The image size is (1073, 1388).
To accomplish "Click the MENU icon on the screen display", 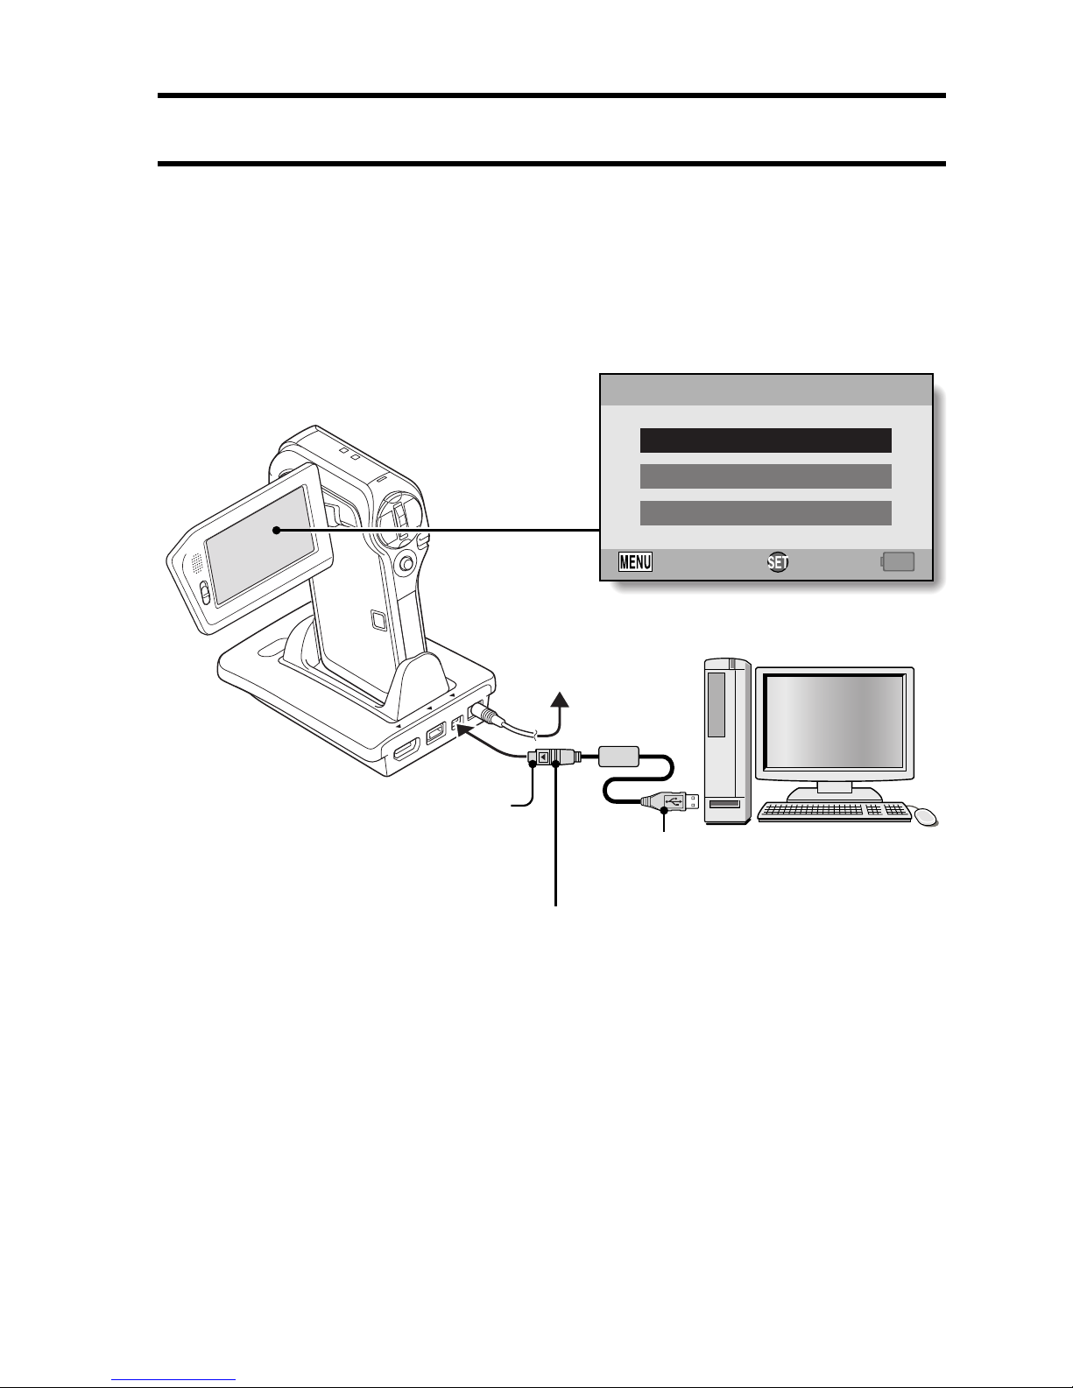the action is pos(635,561).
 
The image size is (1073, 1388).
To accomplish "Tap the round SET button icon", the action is pos(777,562).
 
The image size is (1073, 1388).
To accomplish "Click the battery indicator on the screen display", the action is pos(899,561).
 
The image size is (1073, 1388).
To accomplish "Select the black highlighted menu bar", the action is pos(766,440).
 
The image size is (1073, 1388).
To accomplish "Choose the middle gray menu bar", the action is pos(766,476).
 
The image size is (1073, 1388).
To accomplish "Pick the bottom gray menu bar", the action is pos(766,513).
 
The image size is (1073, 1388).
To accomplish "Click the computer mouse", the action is pos(925,817).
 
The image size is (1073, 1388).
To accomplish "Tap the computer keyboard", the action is pos(834,812).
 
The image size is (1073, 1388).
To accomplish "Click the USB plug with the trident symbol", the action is pos(671,800).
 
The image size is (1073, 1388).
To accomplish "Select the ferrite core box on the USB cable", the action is pos(621,756).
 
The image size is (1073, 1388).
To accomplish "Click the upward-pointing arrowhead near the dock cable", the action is pos(558,700).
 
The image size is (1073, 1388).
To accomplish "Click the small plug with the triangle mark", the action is pos(543,757).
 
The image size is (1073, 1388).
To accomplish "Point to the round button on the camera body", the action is pos(405,565).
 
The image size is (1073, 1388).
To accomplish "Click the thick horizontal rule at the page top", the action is pos(552,95).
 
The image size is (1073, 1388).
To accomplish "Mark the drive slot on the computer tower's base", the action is pos(724,804).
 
